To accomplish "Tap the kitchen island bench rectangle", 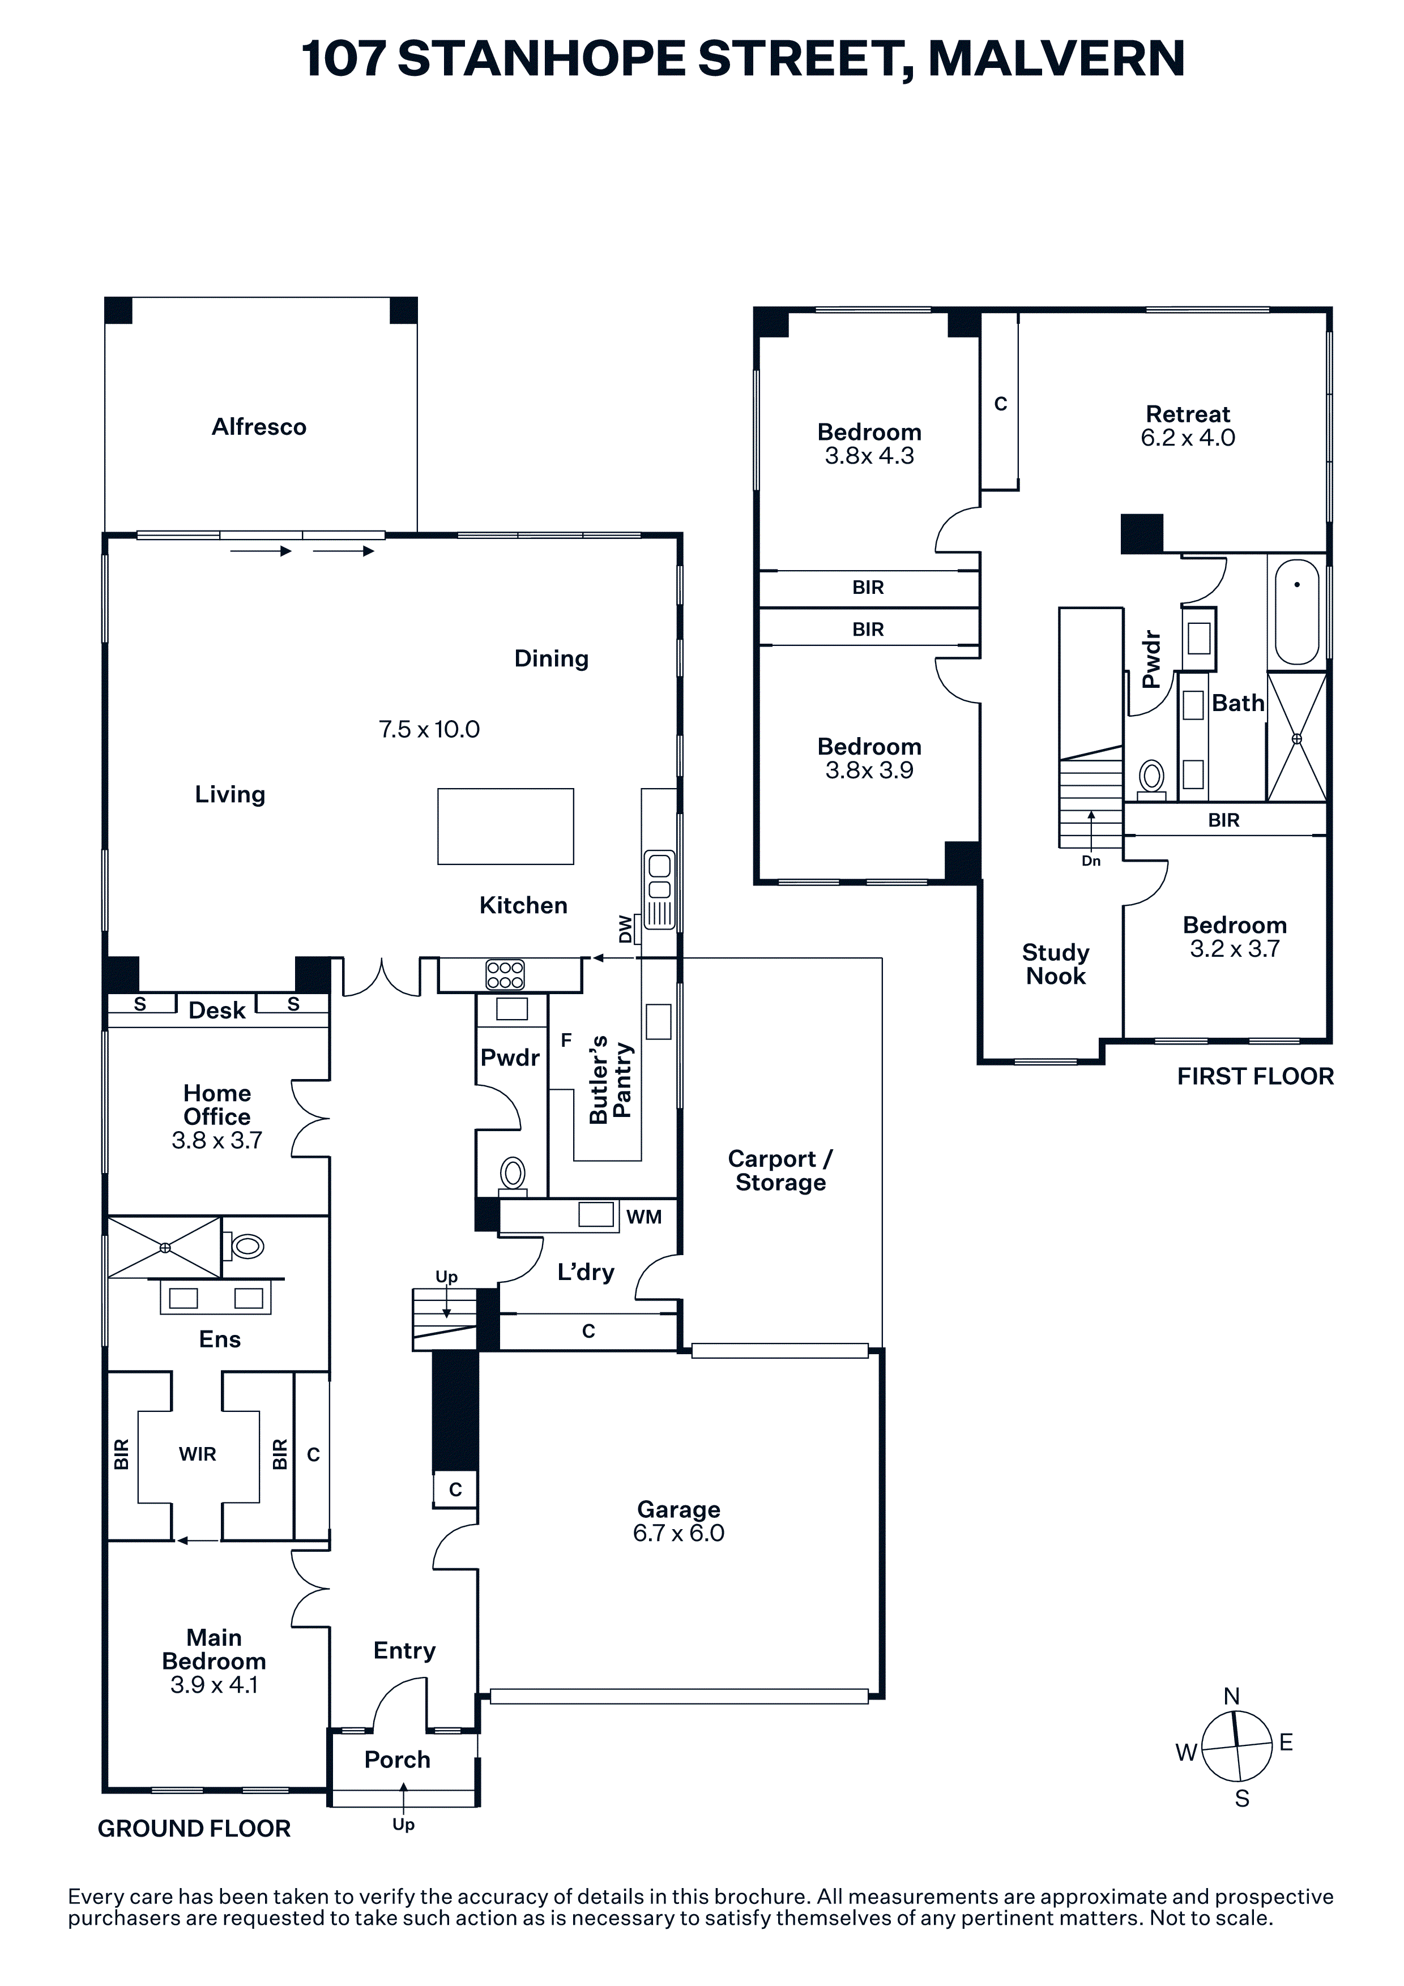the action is (505, 826).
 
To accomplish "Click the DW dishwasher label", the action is (625, 929).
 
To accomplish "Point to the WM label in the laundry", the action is (643, 1217).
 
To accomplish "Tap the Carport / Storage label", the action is (780, 1170).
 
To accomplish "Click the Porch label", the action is (397, 1760).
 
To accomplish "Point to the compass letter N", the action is (1232, 1696).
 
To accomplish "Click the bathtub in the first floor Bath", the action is (1297, 611).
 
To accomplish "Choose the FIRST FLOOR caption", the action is (1255, 1076).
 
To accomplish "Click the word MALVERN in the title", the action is (1056, 59).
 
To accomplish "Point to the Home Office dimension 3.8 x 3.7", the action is (216, 1140).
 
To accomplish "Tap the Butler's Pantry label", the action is (610, 1080).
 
